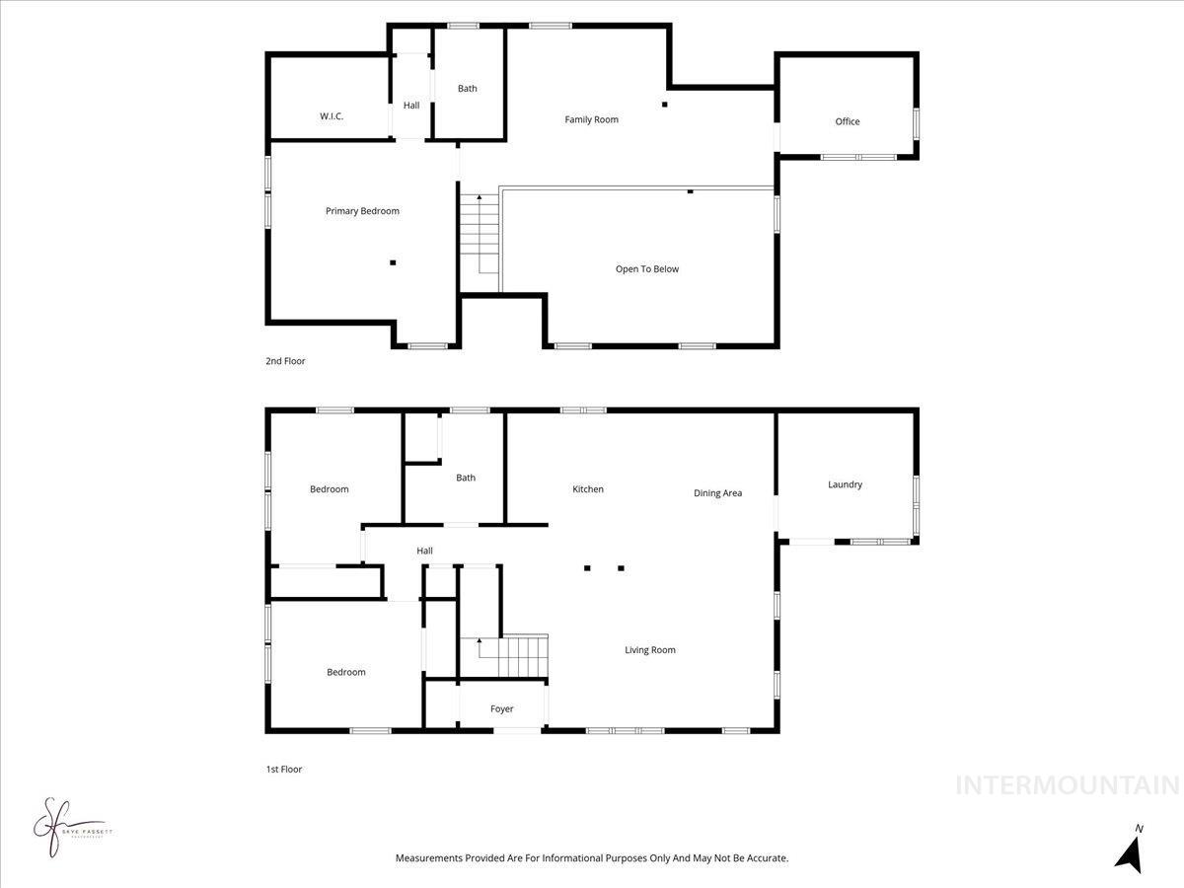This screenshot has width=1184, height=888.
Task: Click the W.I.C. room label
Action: coord(332,116)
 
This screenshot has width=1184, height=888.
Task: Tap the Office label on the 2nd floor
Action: coord(848,121)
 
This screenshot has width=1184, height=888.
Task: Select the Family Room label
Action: coord(592,119)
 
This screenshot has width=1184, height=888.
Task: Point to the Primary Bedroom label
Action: coord(362,211)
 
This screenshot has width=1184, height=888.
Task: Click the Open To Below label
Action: coord(647,268)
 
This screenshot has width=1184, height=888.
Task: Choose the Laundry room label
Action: coord(846,484)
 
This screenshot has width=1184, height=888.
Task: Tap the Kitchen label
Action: coord(588,489)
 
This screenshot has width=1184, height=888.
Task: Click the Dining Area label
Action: coord(717,493)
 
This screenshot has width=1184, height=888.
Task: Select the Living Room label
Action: coord(650,650)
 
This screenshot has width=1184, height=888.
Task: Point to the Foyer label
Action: coord(502,708)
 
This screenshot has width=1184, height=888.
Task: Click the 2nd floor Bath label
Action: coord(468,89)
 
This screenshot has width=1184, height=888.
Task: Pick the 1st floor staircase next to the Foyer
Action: coord(513,656)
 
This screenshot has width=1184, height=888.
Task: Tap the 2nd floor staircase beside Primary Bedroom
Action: coord(481,237)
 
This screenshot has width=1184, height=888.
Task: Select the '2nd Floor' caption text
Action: coord(285,361)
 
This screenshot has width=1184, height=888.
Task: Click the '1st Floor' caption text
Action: coord(284,770)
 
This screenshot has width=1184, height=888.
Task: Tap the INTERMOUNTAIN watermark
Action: coord(1068,785)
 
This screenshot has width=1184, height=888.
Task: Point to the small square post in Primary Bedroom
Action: coord(393,262)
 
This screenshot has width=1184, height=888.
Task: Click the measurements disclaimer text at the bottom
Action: coord(592,858)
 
